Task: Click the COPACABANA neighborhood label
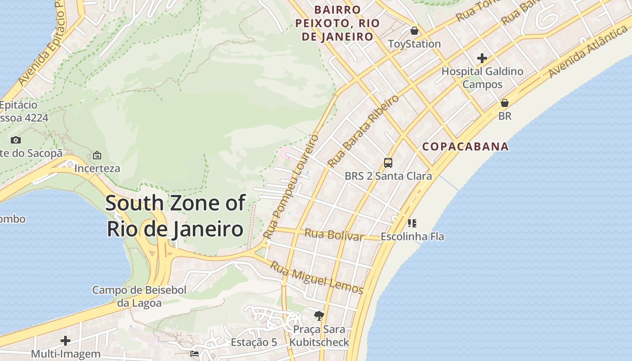coord(465,147)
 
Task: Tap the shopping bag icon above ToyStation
coord(414,31)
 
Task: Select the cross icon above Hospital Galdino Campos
coord(482,58)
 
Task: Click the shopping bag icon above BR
coord(504,103)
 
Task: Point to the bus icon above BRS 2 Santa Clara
coord(388,163)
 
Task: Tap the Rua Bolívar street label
coord(334,235)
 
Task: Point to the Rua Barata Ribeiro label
coord(363,131)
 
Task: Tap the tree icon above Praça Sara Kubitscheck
coord(319,315)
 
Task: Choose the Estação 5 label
coord(254,342)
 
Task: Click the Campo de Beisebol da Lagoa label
coord(139,296)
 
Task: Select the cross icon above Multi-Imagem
coord(65,341)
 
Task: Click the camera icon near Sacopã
coord(16,140)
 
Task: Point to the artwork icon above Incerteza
coord(97,156)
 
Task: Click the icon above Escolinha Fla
coord(412,223)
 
